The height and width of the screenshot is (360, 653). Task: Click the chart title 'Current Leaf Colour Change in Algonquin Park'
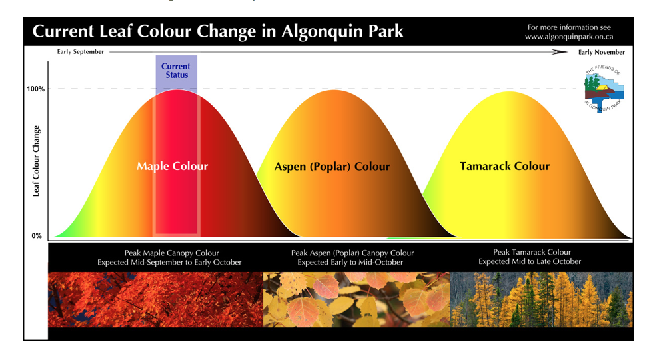[218, 31]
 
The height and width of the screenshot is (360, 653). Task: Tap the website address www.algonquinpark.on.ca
[569, 37]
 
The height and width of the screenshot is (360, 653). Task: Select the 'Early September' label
[81, 52]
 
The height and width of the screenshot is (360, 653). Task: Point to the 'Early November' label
[601, 52]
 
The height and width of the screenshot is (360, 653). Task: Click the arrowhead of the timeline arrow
[560, 52]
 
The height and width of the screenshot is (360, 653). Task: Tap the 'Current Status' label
[176, 71]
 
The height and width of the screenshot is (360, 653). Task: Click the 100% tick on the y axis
[36, 89]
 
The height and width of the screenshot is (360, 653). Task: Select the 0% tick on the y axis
[37, 236]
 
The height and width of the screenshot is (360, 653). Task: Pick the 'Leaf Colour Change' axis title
[36, 161]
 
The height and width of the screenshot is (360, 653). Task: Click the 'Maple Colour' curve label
[173, 166]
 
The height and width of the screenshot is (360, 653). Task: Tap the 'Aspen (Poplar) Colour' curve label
[332, 167]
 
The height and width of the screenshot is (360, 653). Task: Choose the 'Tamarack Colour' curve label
[505, 166]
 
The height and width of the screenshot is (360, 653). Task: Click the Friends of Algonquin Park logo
[604, 89]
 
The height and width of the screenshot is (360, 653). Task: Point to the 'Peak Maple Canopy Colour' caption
[172, 253]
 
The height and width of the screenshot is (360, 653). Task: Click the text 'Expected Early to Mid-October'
[350, 262]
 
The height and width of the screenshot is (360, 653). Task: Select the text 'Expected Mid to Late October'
[530, 261]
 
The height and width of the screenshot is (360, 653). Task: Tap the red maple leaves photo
[155, 299]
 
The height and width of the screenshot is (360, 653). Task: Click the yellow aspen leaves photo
[356, 299]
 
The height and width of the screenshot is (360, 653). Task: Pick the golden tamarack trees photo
[541, 299]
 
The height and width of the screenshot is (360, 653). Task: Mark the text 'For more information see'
[569, 27]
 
